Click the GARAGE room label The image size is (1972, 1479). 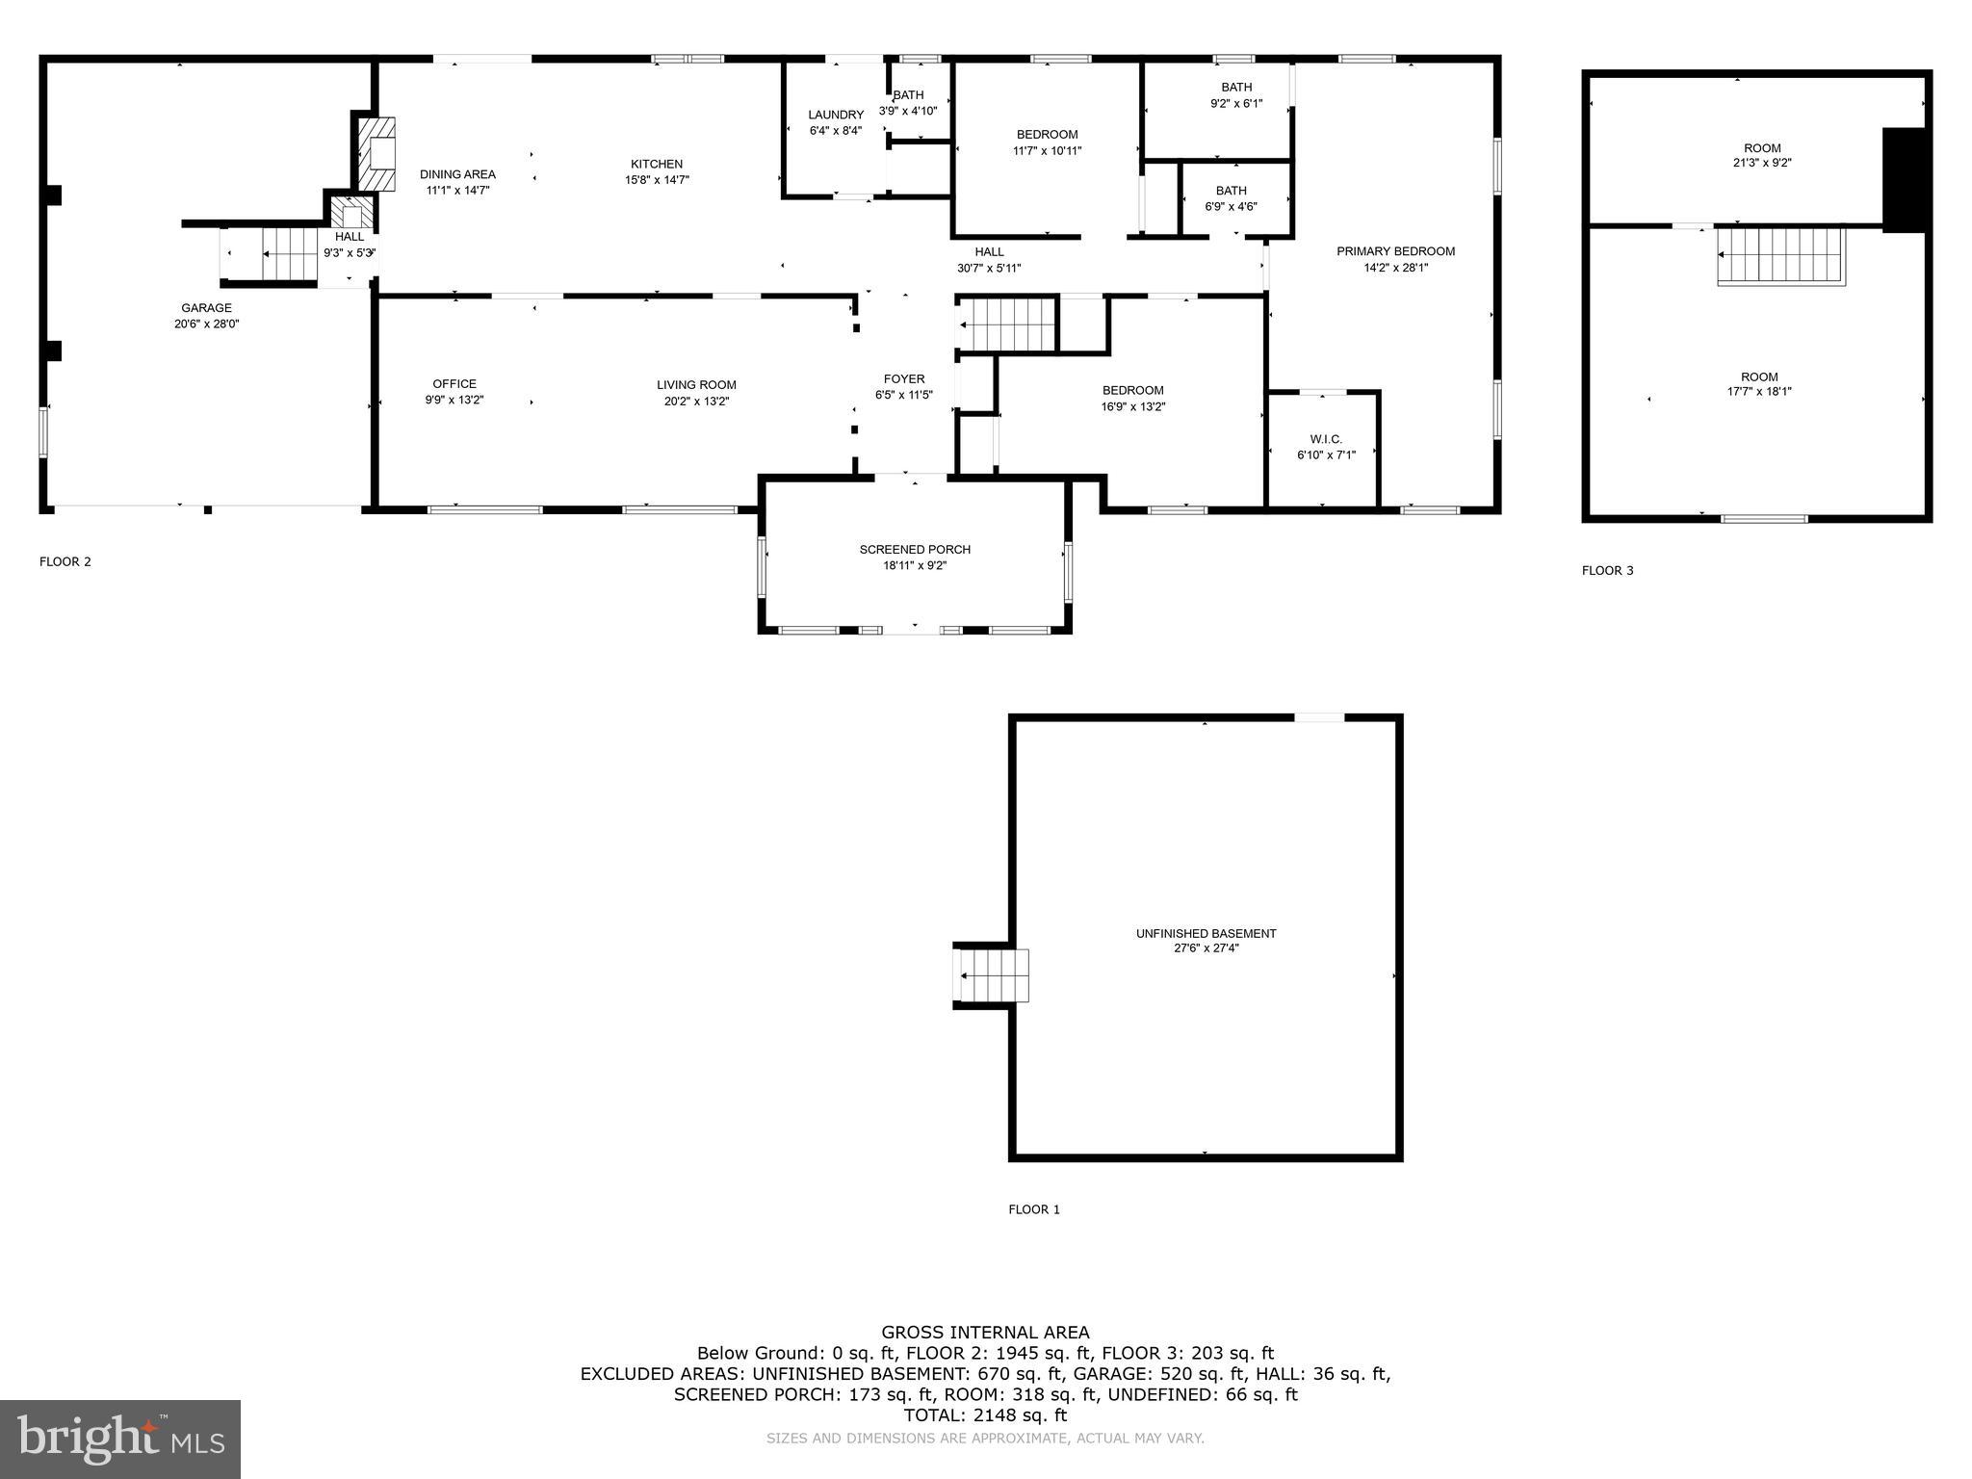[206, 308]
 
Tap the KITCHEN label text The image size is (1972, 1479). [657, 164]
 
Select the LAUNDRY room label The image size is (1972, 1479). [836, 115]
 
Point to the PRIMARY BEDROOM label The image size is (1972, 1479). [1395, 251]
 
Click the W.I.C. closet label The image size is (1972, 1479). [1326, 439]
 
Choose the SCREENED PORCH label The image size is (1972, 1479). [915, 549]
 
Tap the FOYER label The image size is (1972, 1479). [904, 378]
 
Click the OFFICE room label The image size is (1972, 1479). [454, 383]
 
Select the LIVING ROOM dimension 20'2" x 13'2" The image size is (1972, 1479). [696, 401]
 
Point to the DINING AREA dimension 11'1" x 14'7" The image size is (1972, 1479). [458, 190]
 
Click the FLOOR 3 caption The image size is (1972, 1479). [1607, 570]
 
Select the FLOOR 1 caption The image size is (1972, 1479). [1034, 1209]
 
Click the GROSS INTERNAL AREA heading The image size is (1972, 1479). [985, 1333]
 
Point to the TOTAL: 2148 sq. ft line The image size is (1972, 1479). [985, 1414]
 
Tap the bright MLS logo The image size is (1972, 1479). [120, 1439]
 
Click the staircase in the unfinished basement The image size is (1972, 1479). [992, 975]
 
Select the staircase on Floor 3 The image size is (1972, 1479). [1781, 255]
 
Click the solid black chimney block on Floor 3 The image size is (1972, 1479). [1904, 180]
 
